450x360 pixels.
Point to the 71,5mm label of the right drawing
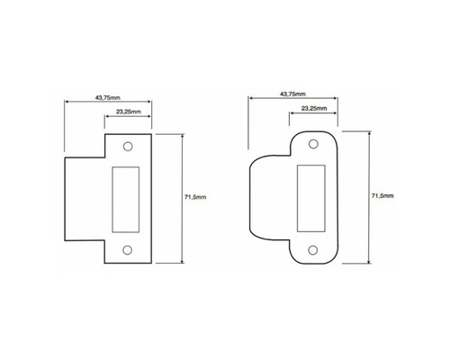point(382,193)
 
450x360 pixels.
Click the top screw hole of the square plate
point(127,144)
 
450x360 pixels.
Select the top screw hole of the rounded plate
point(313,144)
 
